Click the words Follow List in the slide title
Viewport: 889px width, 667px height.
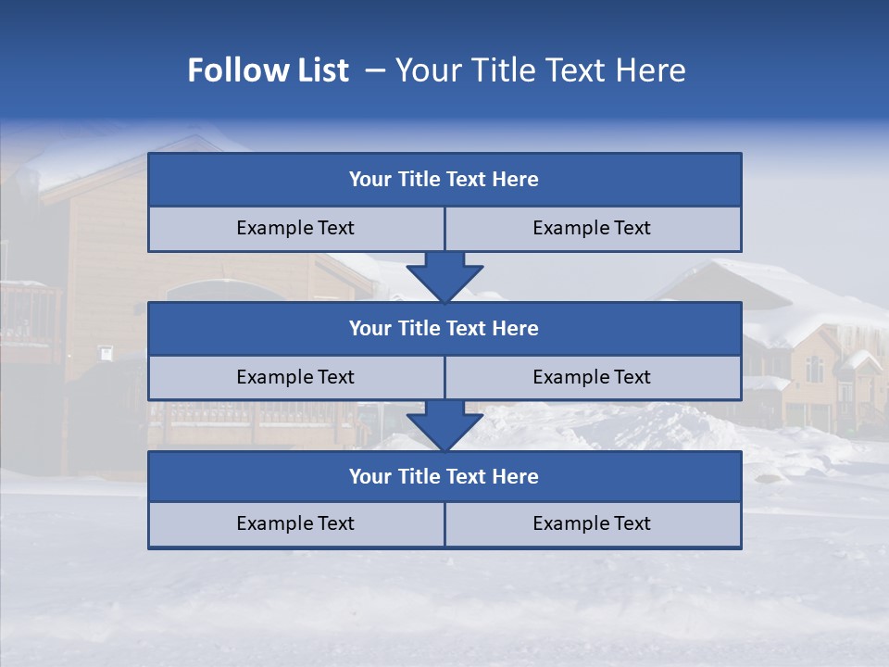(268, 70)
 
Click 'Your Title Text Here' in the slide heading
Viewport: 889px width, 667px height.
(540, 70)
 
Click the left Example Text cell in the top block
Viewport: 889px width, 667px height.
(295, 229)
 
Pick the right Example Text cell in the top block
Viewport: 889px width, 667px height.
(592, 229)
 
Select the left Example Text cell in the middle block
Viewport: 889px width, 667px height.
(295, 378)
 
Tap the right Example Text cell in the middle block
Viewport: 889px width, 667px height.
(592, 378)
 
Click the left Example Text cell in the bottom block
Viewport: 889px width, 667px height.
(295, 524)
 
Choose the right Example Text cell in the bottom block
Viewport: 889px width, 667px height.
(592, 524)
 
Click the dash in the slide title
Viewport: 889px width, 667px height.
(375, 70)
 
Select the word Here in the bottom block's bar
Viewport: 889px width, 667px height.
(516, 477)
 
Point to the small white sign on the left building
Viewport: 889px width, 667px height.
(106, 353)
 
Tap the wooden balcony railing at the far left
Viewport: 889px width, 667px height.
(28, 310)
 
